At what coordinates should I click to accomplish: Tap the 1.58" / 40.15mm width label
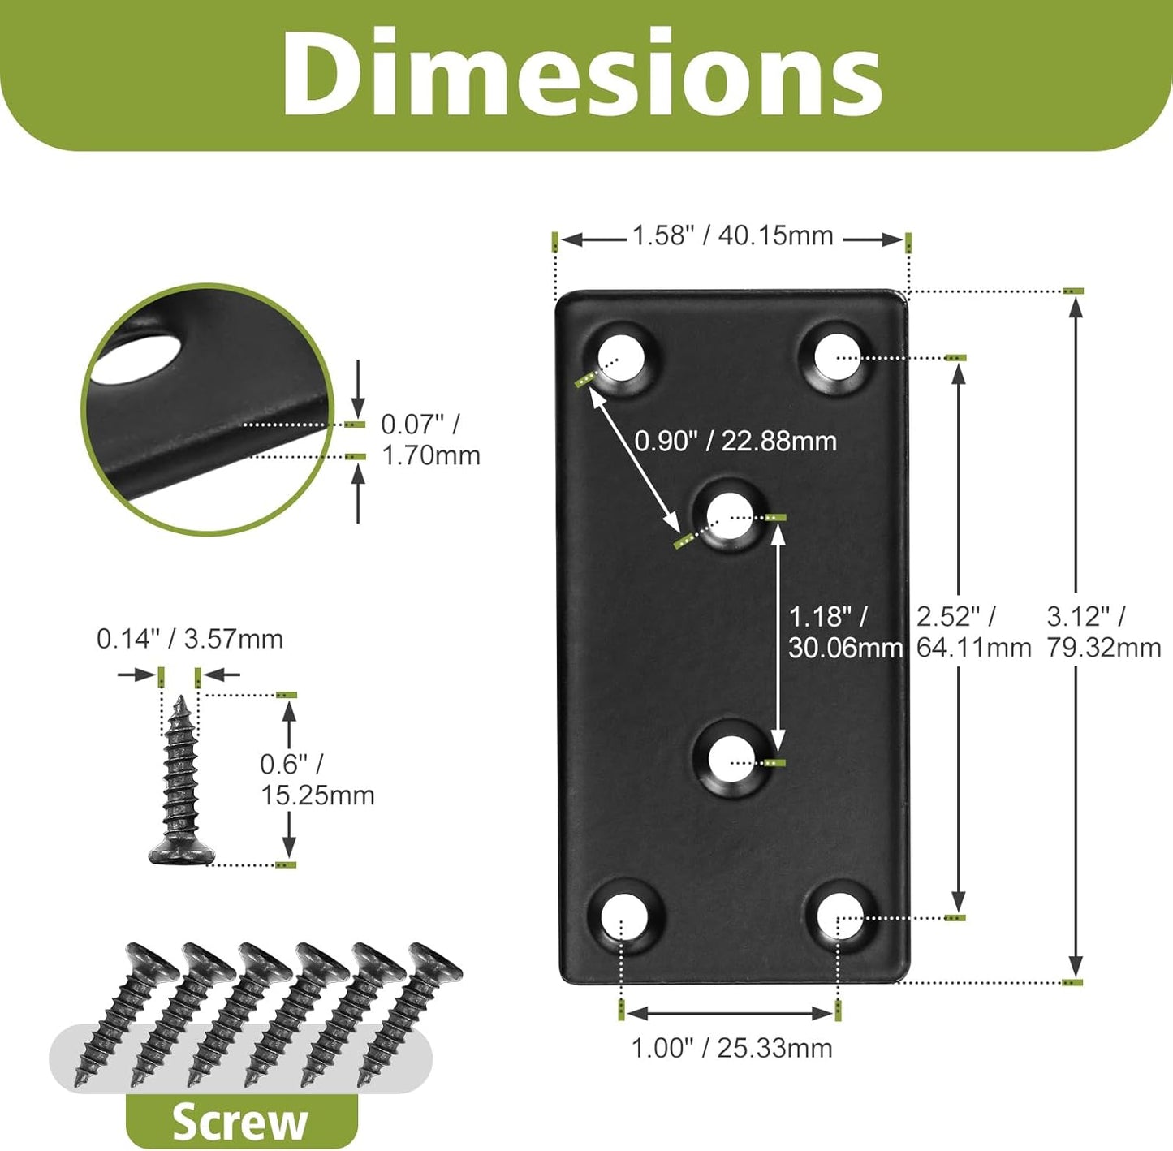(x=732, y=235)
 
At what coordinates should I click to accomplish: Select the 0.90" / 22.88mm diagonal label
(x=735, y=441)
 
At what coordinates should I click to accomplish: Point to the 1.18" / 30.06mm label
(x=845, y=632)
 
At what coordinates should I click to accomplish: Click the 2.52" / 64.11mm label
(x=973, y=632)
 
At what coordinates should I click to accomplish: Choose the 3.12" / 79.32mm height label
(x=1104, y=632)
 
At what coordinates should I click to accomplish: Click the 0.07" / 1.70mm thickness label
(x=430, y=439)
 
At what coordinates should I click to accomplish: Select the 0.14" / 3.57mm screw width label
(x=190, y=639)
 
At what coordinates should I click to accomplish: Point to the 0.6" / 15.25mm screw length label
(x=317, y=780)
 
